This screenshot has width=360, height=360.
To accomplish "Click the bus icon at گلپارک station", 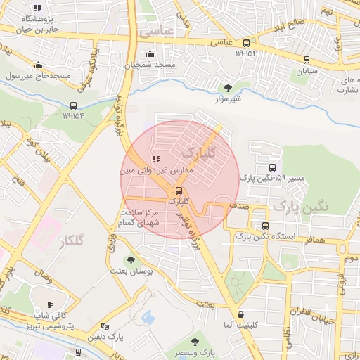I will (179, 190).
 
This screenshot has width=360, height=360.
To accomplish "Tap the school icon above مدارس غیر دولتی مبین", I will (155, 159).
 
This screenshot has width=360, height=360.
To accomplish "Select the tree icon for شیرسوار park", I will (228, 87).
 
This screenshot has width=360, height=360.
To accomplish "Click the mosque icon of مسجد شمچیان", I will (148, 54).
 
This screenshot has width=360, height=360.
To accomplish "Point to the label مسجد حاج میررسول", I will (37, 75).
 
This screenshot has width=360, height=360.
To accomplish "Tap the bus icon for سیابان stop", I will (306, 60).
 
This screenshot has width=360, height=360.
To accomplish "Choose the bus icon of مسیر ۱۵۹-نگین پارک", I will (271, 167).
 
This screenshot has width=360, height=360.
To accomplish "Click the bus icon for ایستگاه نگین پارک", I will (265, 226).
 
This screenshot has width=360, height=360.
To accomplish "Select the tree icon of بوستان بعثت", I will (131, 259).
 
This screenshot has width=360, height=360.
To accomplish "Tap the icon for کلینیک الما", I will (242, 314).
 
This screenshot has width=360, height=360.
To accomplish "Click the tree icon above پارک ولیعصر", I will (195, 341).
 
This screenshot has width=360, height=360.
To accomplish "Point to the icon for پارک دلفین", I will (105, 326).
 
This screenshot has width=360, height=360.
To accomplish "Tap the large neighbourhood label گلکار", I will (67, 241).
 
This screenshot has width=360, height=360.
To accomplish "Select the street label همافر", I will (315, 240).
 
